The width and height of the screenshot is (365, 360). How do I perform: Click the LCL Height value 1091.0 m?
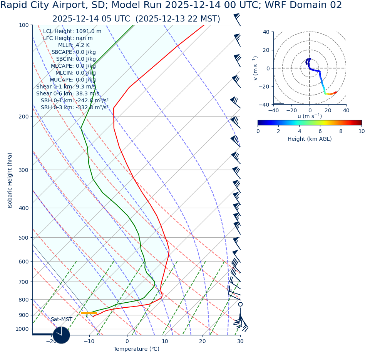(89, 32)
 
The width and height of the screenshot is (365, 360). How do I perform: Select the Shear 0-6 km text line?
(67, 94)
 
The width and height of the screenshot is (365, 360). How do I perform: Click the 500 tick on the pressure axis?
(24, 238)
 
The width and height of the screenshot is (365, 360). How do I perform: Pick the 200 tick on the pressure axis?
(24, 117)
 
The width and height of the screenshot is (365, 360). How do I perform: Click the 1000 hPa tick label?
(22, 329)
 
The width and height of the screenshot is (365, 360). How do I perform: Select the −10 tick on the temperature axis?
(89, 342)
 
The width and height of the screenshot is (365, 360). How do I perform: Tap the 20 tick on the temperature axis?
(203, 342)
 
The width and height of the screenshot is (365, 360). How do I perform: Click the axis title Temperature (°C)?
(136, 349)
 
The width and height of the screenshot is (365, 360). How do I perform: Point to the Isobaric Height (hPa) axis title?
(10, 180)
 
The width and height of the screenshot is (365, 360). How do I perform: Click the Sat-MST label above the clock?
(61, 320)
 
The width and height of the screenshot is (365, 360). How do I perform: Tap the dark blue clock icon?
(61, 335)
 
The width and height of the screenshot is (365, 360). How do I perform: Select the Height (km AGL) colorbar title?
(310, 139)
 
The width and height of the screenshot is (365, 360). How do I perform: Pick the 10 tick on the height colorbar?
(361, 131)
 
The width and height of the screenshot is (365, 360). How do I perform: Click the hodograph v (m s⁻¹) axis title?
(255, 68)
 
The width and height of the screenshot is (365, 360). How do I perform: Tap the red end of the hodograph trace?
(336, 92)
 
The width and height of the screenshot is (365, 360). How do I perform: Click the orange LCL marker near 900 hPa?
(89, 313)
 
